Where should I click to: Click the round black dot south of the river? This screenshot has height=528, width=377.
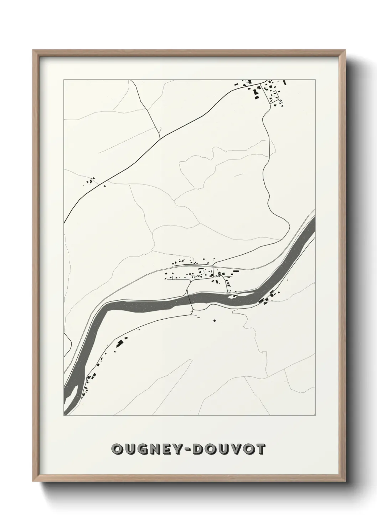[x=215, y=321]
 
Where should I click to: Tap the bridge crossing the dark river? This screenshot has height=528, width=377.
[x=190, y=298]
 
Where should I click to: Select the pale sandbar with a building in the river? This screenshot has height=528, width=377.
[x=241, y=295]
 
